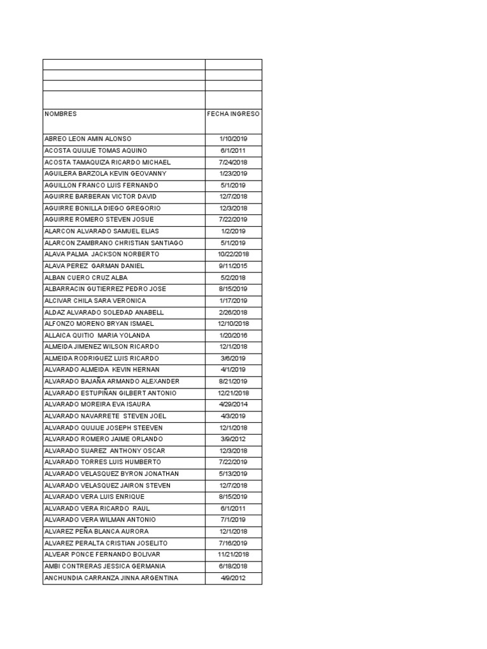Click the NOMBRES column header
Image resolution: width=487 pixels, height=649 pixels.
[x=60, y=114]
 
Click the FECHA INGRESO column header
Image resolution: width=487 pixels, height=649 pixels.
[x=233, y=114]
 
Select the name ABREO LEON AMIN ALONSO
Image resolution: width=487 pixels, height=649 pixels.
[x=88, y=139]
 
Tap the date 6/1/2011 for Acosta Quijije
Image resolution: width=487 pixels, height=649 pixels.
[x=233, y=150]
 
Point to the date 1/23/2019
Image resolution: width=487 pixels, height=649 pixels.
[x=233, y=174]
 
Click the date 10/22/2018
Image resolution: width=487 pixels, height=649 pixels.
[x=233, y=254]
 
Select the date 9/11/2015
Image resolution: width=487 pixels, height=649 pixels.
[x=233, y=266]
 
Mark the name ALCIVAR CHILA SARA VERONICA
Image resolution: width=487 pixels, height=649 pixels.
[x=95, y=300]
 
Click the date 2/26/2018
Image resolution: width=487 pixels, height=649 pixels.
[x=233, y=312]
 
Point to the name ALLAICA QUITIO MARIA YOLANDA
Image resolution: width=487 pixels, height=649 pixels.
[x=97, y=335]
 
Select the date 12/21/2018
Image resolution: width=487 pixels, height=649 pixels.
[x=233, y=393]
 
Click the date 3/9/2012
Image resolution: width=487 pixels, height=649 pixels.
[x=233, y=439]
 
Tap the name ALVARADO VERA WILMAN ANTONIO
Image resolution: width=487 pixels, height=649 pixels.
[x=100, y=520]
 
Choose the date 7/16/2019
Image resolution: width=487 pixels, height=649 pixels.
[x=233, y=543]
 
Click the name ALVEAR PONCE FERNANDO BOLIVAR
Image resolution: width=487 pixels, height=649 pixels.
[x=101, y=555]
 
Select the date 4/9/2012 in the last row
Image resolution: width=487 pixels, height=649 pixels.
[x=233, y=578]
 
